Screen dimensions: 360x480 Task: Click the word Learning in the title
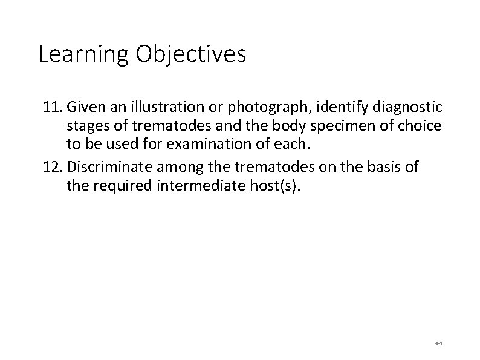click(83, 54)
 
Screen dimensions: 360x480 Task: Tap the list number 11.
click(53, 108)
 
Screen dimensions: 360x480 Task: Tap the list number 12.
click(53, 167)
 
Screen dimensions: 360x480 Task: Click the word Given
click(85, 108)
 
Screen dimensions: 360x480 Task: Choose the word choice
click(423, 128)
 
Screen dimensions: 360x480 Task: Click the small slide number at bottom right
click(438, 342)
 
